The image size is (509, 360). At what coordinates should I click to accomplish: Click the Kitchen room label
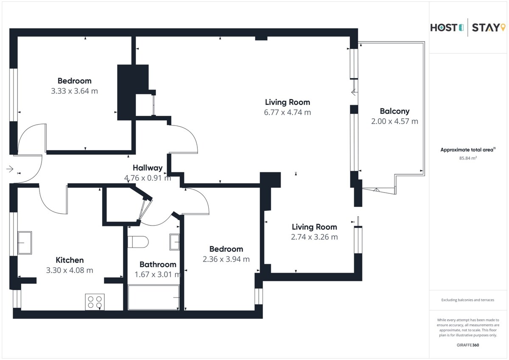point(70,260)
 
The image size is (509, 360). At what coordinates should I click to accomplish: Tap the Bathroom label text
point(158,264)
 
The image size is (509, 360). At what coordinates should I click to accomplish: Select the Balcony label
point(395,111)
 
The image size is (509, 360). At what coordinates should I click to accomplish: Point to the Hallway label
point(148,168)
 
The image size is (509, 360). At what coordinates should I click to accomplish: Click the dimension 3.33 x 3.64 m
point(74,91)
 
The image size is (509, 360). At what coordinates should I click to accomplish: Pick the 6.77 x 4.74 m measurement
point(288,112)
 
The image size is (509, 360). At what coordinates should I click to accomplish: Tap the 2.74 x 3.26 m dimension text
point(314,237)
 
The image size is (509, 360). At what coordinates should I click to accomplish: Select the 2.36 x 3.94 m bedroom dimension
point(226,259)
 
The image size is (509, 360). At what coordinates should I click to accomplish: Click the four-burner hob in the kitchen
point(95,302)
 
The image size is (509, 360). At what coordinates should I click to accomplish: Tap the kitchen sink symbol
point(25,243)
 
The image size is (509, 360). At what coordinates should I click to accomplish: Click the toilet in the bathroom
point(138,242)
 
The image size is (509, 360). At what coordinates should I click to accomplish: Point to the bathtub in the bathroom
point(154,297)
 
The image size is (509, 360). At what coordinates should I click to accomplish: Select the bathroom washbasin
point(174,242)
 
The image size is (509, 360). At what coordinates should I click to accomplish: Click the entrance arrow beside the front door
point(10,169)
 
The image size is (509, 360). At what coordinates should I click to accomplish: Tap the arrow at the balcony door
point(354,92)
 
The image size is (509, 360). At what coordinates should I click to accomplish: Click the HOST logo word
point(444,28)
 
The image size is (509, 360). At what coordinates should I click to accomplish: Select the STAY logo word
point(486,28)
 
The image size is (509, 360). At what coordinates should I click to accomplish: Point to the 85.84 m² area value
point(468,158)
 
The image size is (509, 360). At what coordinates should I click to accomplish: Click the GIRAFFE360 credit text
point(468,345)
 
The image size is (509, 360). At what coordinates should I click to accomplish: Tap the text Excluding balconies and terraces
point(467,300)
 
